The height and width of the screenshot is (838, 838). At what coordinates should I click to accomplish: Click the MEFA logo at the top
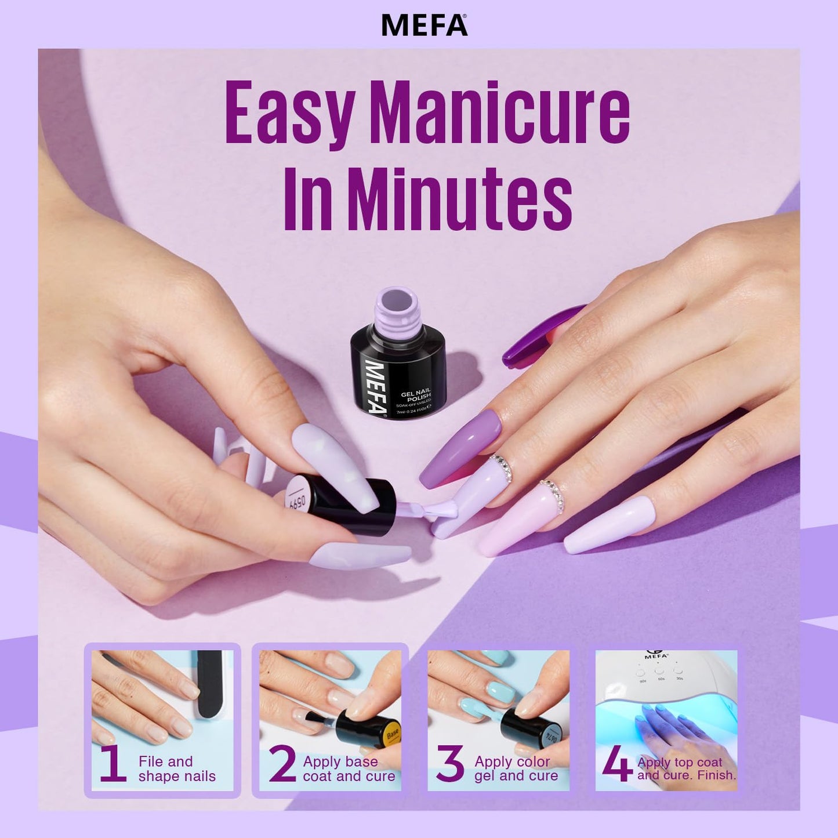point(424,25)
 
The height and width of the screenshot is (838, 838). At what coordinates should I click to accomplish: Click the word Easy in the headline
point(289,113)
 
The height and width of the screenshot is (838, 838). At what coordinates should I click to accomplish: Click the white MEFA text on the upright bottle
point(375,387)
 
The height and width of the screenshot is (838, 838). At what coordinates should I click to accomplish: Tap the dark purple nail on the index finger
point(460,449)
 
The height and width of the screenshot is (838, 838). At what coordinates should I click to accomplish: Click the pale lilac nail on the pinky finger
point(610,525)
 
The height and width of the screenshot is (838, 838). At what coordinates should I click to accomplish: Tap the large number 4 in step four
point(616,764)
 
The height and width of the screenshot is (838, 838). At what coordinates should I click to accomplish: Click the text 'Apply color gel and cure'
point(516,769)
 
